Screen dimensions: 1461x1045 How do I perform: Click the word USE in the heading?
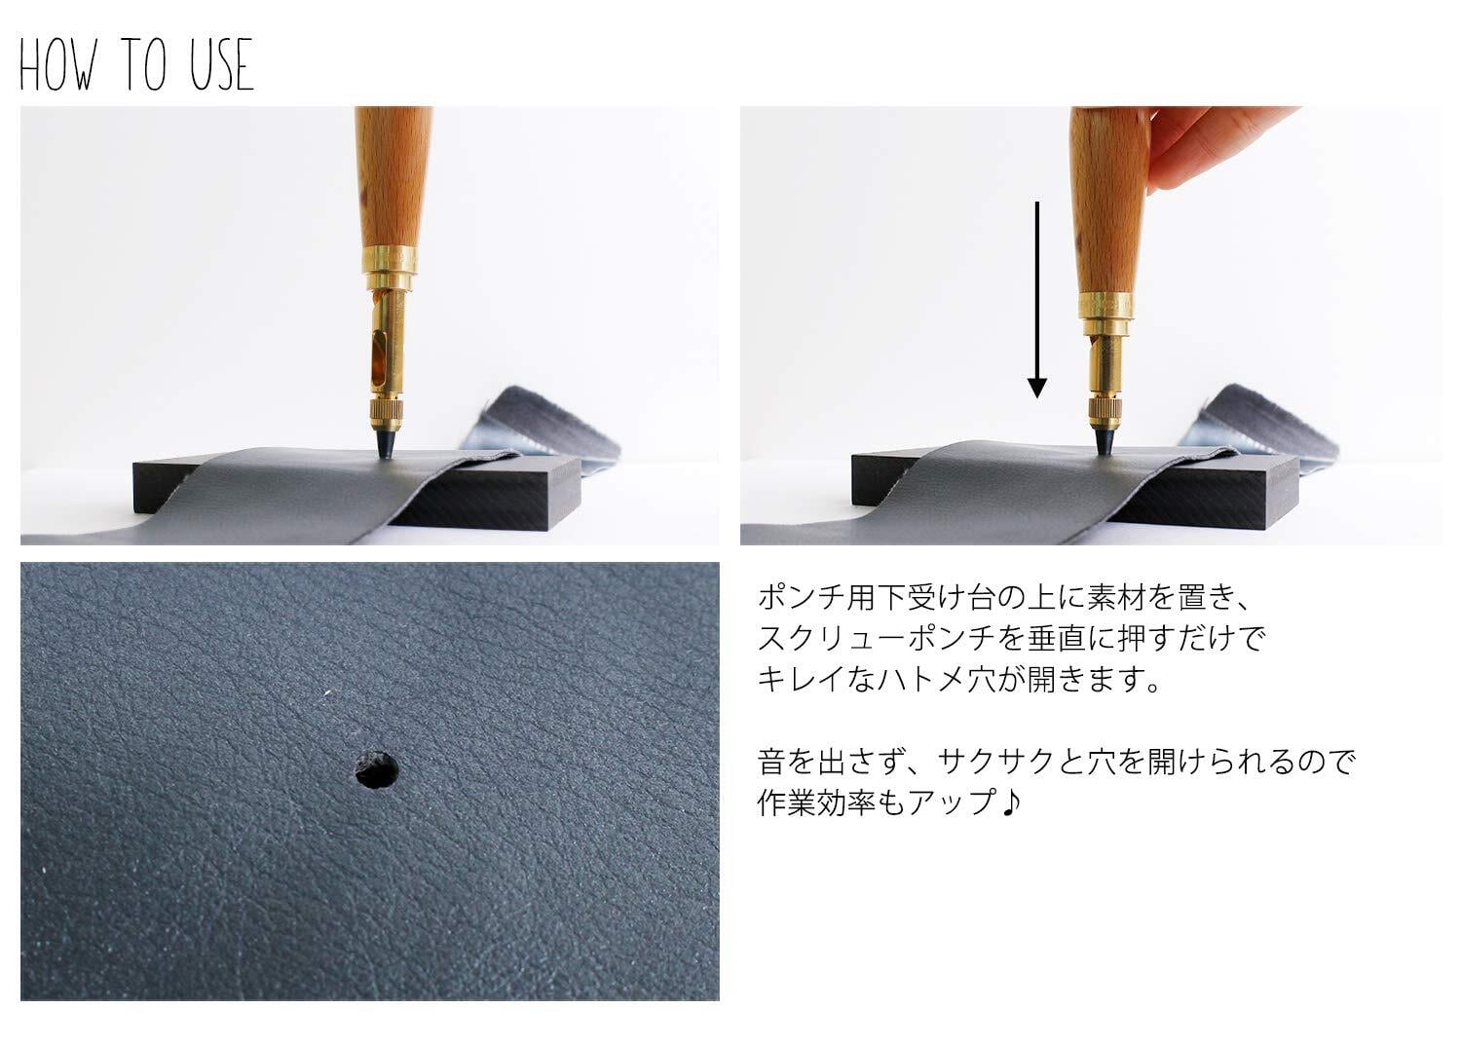(x=222, y=64)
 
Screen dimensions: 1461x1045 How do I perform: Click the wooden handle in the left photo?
(x=393, y=176)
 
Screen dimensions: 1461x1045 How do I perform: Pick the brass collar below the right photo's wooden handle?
(x=1105, y=308)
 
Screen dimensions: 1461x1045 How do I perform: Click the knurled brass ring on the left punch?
(x=385, y=410)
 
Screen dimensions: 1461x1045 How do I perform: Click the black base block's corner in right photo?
(x=1298, y=457)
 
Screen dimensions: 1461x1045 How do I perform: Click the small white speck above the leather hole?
(x=326, y=692)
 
